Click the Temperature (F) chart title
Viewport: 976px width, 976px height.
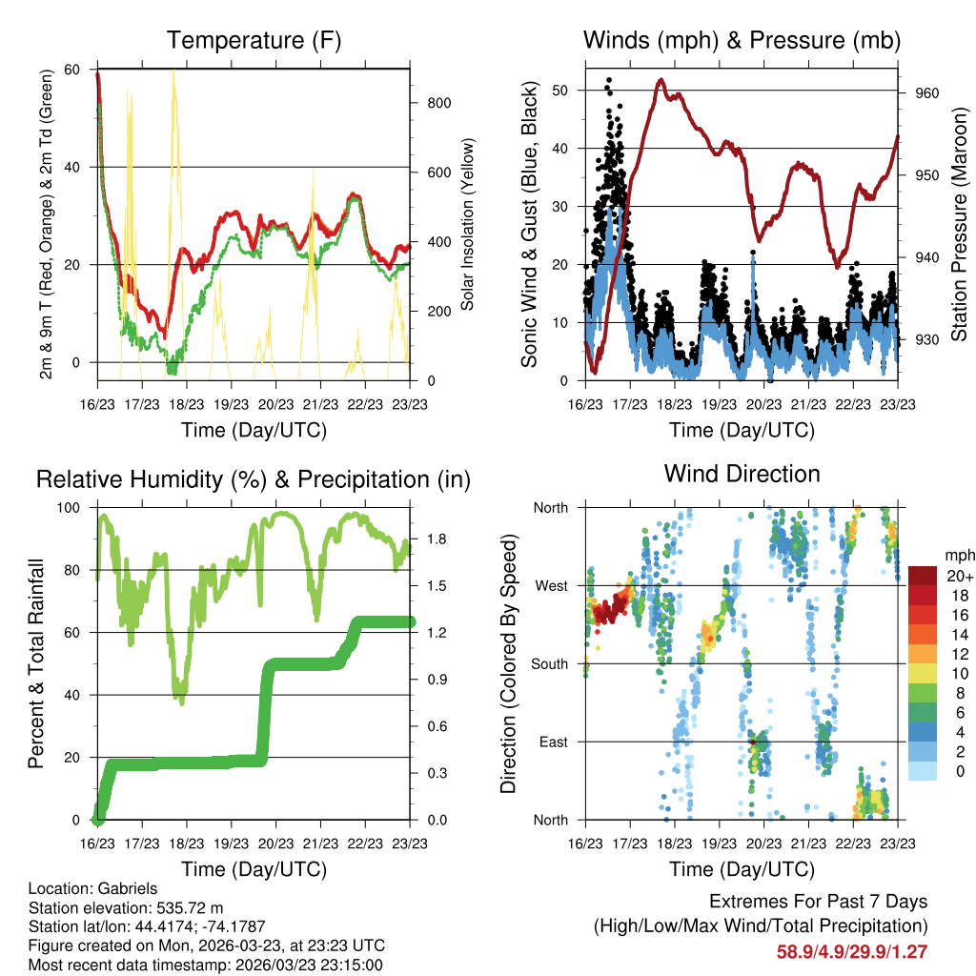click(254, 40)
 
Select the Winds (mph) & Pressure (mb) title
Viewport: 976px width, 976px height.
click(742, 40)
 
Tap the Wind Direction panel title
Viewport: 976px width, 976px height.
click(742, 474)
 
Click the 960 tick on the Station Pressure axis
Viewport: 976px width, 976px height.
click(928, 92)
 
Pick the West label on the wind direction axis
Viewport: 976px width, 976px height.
click(551, 585)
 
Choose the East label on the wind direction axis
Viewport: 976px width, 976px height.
click(553, 742)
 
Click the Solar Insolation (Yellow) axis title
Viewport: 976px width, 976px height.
click(467, 225)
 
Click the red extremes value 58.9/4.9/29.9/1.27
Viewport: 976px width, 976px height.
click(852, 951)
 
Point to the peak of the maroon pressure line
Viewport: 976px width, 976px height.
click(661, 80)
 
